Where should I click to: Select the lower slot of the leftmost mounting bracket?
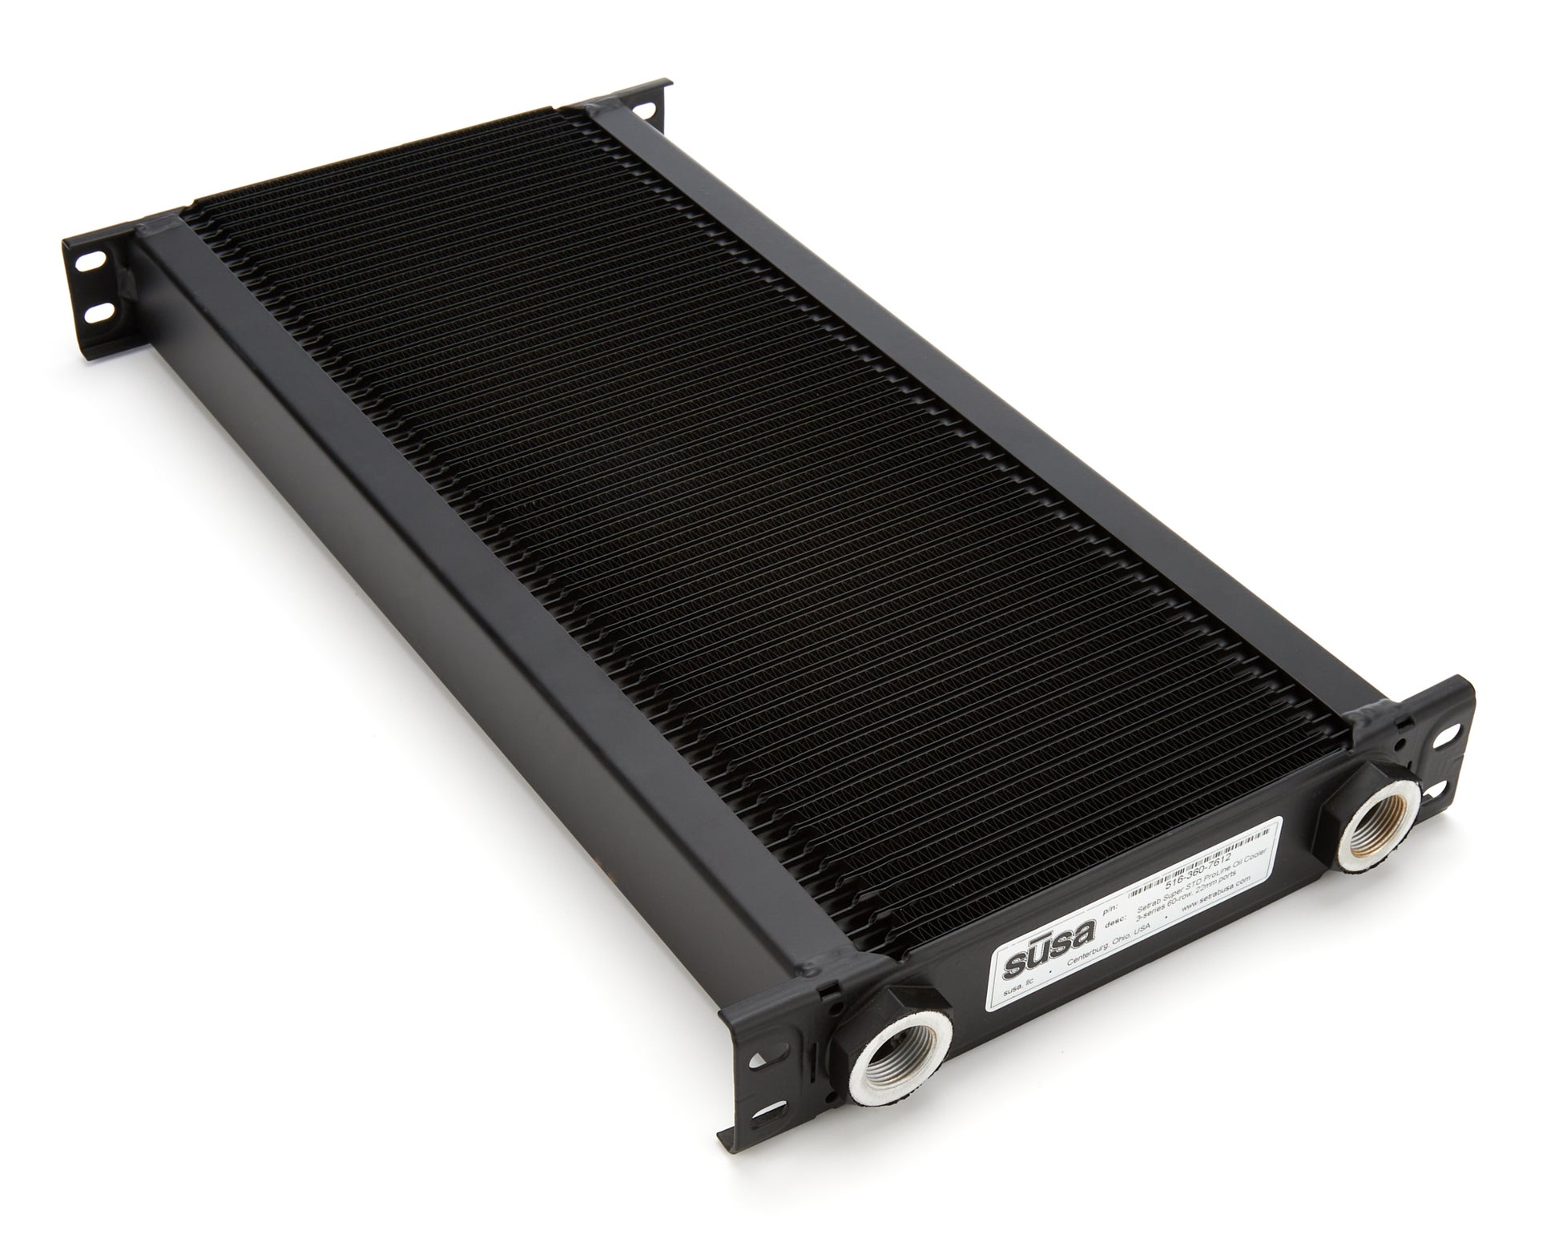coord(100,313)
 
